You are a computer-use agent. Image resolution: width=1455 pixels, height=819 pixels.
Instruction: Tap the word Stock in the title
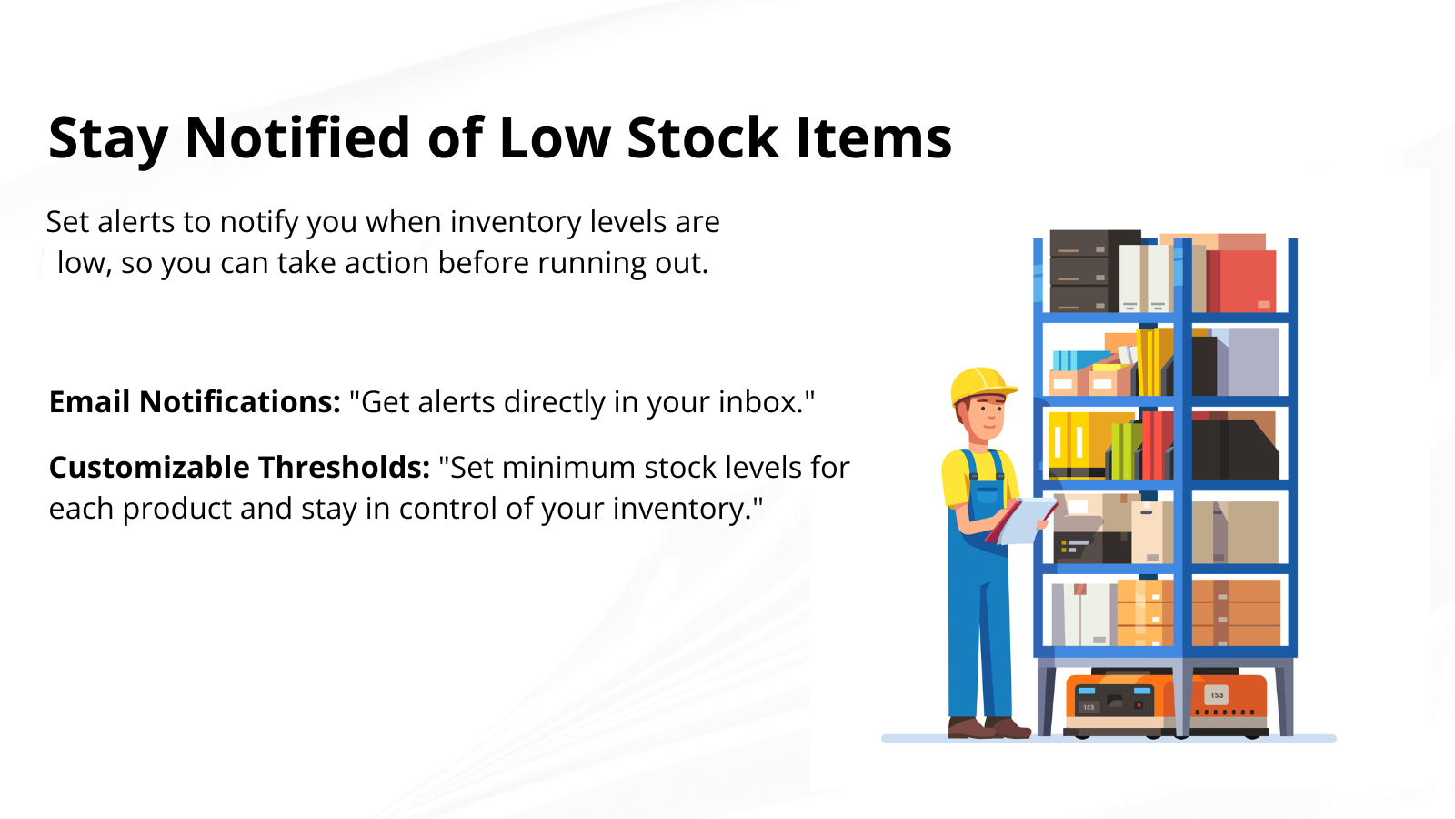pyautogui.click(x=703, y=137)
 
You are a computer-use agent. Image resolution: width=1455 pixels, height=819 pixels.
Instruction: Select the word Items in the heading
pyautogui.click(x=874, y=137)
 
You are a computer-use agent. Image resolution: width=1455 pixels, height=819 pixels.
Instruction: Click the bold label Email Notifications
pyautogui.click(x=195, y=401)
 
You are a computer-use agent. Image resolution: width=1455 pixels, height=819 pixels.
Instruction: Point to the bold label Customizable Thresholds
pyautogui.click(x=240, y=468)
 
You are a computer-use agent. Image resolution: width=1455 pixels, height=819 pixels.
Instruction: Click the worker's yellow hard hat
pyautogui.click(x=983, y=386)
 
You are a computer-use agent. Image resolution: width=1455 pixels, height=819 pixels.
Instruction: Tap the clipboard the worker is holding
pyautogui.click(x=1022, y=521)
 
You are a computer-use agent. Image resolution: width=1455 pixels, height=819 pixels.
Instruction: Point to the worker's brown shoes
pyautogui.click(x=988, y=727)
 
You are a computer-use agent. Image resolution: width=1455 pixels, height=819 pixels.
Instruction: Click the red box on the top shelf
pyautogui.click(x=1241, y=280)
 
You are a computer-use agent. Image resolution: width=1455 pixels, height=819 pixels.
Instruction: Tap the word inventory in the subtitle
pyautogui.click(x=516, y=223)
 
